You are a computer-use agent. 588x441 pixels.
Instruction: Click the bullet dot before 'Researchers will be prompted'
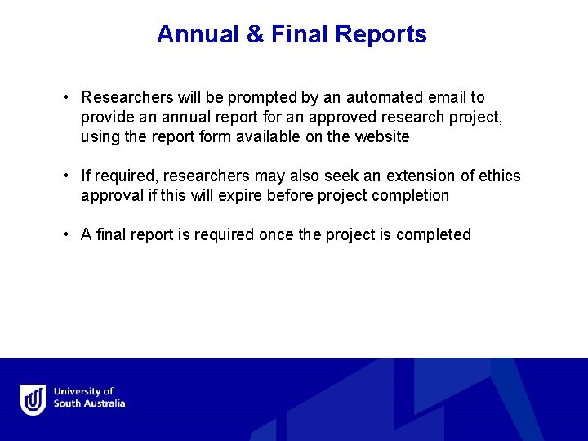65,98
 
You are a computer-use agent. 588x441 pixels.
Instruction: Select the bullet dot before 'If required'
65,176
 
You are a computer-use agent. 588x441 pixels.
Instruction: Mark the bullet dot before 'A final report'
65,235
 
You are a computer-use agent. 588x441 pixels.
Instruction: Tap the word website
381,137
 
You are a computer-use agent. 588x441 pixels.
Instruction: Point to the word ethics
496,176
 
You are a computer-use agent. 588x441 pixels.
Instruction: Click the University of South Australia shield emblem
33,400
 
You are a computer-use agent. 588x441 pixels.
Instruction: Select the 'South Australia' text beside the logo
90,403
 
